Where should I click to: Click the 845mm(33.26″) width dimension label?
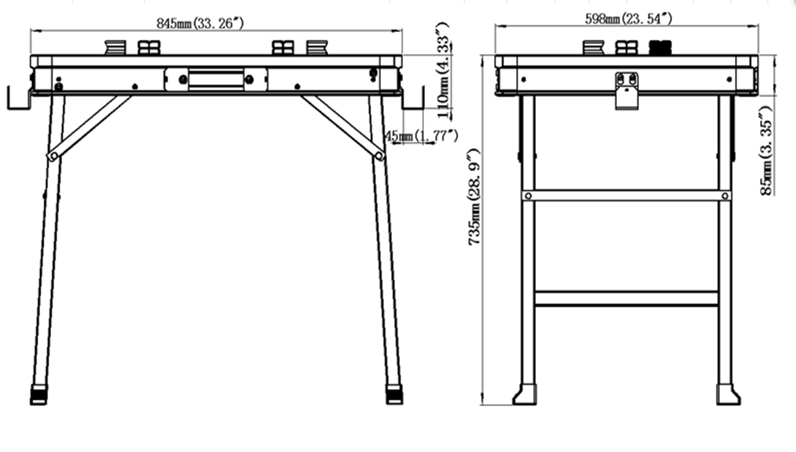(x=200, y=23)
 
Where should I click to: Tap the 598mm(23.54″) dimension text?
(x=629, y=19)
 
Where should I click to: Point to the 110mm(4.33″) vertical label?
(x=443, y=70)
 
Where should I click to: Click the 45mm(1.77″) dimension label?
(x=422, y=135)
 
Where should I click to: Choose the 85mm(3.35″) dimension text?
(x=766, y=151)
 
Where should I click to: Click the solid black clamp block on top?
(x=660, y=48)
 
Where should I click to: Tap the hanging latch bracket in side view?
(x=626, y=91)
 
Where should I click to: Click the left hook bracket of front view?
(x=19, y=98)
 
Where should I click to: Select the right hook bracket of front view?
(x=413, y=98)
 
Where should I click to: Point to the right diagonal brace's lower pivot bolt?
(x=379, y=156)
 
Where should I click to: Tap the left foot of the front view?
(x=39, y=394)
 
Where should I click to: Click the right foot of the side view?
(x=728, y=394)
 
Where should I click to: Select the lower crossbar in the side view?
(x=626, y=299)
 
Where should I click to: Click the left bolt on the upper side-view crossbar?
(x=528, y=196)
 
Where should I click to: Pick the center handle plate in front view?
(x=216, y=80)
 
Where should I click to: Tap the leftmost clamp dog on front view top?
(x=115, y=48)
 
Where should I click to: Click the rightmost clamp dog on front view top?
(x=317, y=48)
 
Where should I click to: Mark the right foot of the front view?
(x=394, y=394)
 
